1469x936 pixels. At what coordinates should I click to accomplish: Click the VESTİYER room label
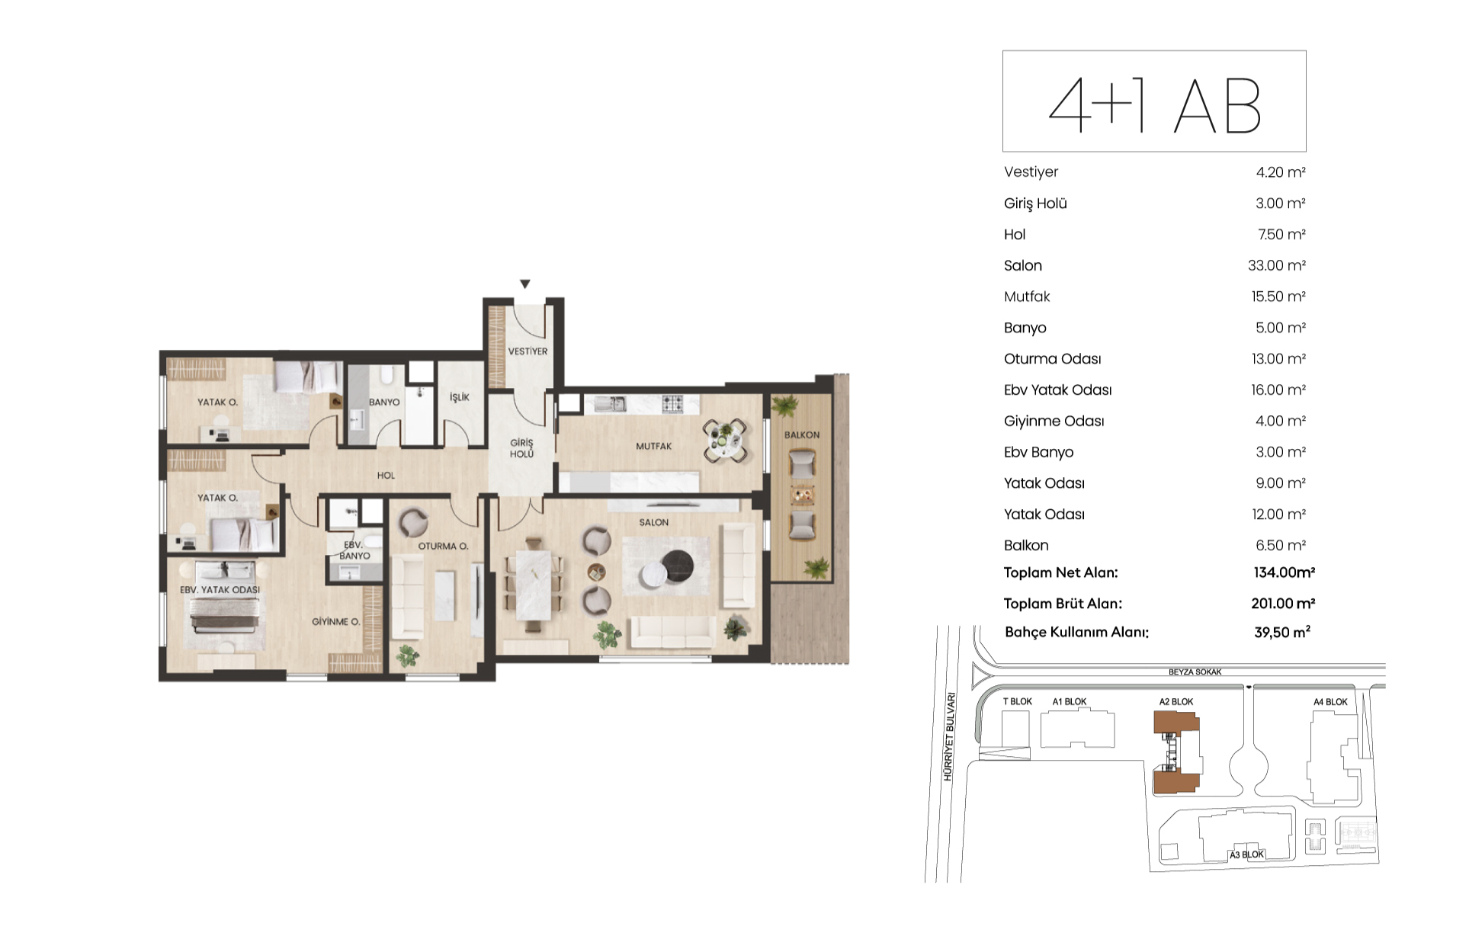pos(528,351)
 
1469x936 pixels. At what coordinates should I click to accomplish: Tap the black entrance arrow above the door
pos(524,284)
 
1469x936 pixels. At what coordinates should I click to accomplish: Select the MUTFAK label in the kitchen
pos(654,446)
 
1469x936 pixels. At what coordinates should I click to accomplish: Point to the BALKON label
pos(802,435)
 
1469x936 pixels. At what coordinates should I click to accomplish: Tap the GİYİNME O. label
pos(335,622)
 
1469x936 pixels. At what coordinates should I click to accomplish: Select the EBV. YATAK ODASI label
pos(220,590)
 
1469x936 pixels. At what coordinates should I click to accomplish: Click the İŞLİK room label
pos(460,397)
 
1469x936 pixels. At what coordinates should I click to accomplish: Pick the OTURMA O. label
pos(443,547)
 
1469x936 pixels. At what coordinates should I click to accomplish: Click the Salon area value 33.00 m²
pos(1277,265)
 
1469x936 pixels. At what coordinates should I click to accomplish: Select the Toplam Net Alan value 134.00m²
pos(1285,572)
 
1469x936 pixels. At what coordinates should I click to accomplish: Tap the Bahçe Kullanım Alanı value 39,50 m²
pos(1282,632)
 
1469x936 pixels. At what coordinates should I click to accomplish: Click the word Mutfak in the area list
pos(1027,297)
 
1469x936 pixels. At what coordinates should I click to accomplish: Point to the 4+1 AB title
pos(1154,106)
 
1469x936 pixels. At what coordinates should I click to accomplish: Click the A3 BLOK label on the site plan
pos(1246,854)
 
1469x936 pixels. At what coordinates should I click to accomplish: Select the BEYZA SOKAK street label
pos(1195,672)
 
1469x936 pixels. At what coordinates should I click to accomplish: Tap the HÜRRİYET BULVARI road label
pos(948,736)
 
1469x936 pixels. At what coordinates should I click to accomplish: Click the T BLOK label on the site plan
pos(1017,702)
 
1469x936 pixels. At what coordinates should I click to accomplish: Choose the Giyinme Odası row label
pos(1054,422)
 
